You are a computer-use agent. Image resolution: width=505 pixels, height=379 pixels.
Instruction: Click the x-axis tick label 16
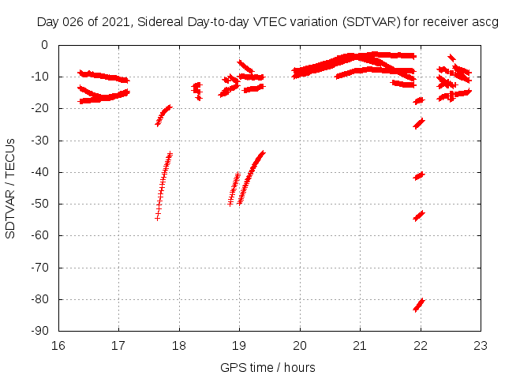pyautogui.click(x=58, y=345)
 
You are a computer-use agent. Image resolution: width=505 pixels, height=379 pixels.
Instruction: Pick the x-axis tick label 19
pyautogui.click(x=239, y=345)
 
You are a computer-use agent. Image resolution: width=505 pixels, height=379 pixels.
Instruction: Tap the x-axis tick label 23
pyautogui.click(x=481, y=345)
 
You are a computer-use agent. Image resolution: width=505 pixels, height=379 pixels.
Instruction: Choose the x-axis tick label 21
pyautogui.click(x=360, y=345)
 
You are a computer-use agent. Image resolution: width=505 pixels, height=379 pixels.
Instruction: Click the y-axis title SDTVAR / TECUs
pyautogui.click(x=11, y=188)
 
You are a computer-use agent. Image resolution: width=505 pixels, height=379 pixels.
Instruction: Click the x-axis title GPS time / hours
pyautogui.click(x=268, y=367)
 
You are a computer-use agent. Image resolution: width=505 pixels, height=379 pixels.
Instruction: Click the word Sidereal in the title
pyautogui.click(x=159, y=21)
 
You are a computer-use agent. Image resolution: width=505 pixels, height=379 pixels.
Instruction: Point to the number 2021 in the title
pyautogui.click(x=115, y=21)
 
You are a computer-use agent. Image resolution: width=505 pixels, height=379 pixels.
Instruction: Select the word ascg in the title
pyautogui.click(x=486, y=21)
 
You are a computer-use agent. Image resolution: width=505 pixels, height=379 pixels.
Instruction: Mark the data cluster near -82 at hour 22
pyautogui.click(x=419, y=305)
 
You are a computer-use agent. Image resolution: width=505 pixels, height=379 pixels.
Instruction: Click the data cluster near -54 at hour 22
pyautogui.click(x=419, y=216)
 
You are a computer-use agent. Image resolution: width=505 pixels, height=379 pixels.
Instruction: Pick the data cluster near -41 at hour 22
pyautogui.click(x=419, y=175)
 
